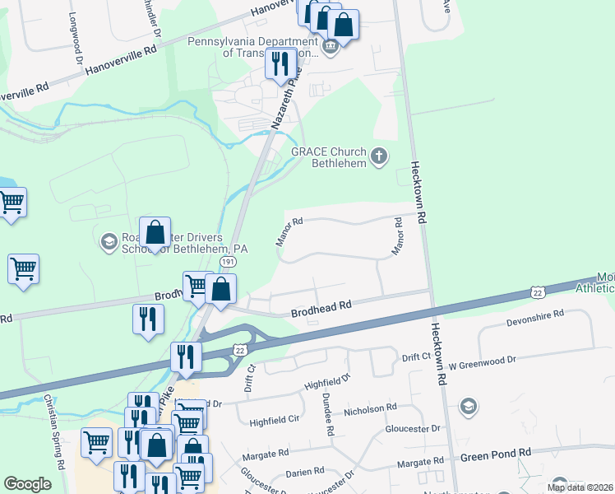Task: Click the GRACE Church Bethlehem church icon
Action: [x=378, y=156]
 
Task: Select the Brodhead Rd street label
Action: [x=321, y=306]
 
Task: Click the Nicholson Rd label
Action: [x=370, y=408]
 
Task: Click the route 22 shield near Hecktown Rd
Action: [x=537, y=292]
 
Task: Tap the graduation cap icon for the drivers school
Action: [x=108, y=241]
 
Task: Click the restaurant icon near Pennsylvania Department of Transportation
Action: [x=281, y=63]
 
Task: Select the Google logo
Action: [x=27, y=484]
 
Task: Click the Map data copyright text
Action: [x=580, y=487]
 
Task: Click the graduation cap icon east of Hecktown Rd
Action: [x=469, y=406]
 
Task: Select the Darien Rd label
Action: [x=305, y=472]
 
